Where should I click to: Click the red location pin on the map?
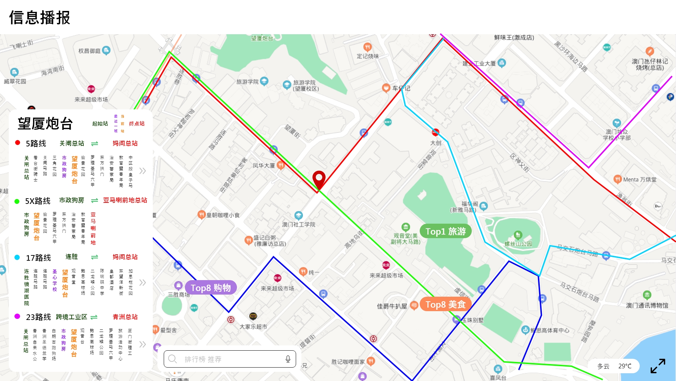click(319, 179)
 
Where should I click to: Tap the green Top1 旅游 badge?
click(445, 231)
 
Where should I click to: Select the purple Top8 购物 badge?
click(211, 288)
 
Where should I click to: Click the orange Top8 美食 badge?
click(445, 304)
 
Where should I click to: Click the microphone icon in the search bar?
click(288, 359)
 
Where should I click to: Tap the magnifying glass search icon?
click(172, 359)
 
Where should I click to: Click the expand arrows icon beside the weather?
click(658, 366)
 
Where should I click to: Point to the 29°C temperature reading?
click(625, 366)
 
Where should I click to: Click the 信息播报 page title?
click(40, 18)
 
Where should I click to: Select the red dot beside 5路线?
click(18, 143)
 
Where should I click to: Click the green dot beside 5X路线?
click(17, 201)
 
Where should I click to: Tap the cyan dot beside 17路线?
click(17, 258)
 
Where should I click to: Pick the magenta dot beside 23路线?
click(17, 316)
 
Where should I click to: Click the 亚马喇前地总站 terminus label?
click(125, 200)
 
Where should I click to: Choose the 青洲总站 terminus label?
click(125, 317)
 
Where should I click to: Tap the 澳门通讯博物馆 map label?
click(647, 306)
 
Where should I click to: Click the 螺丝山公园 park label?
click(518, 244)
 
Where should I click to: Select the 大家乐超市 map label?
click(253, 327)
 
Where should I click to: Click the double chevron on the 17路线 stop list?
click(142, 283)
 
